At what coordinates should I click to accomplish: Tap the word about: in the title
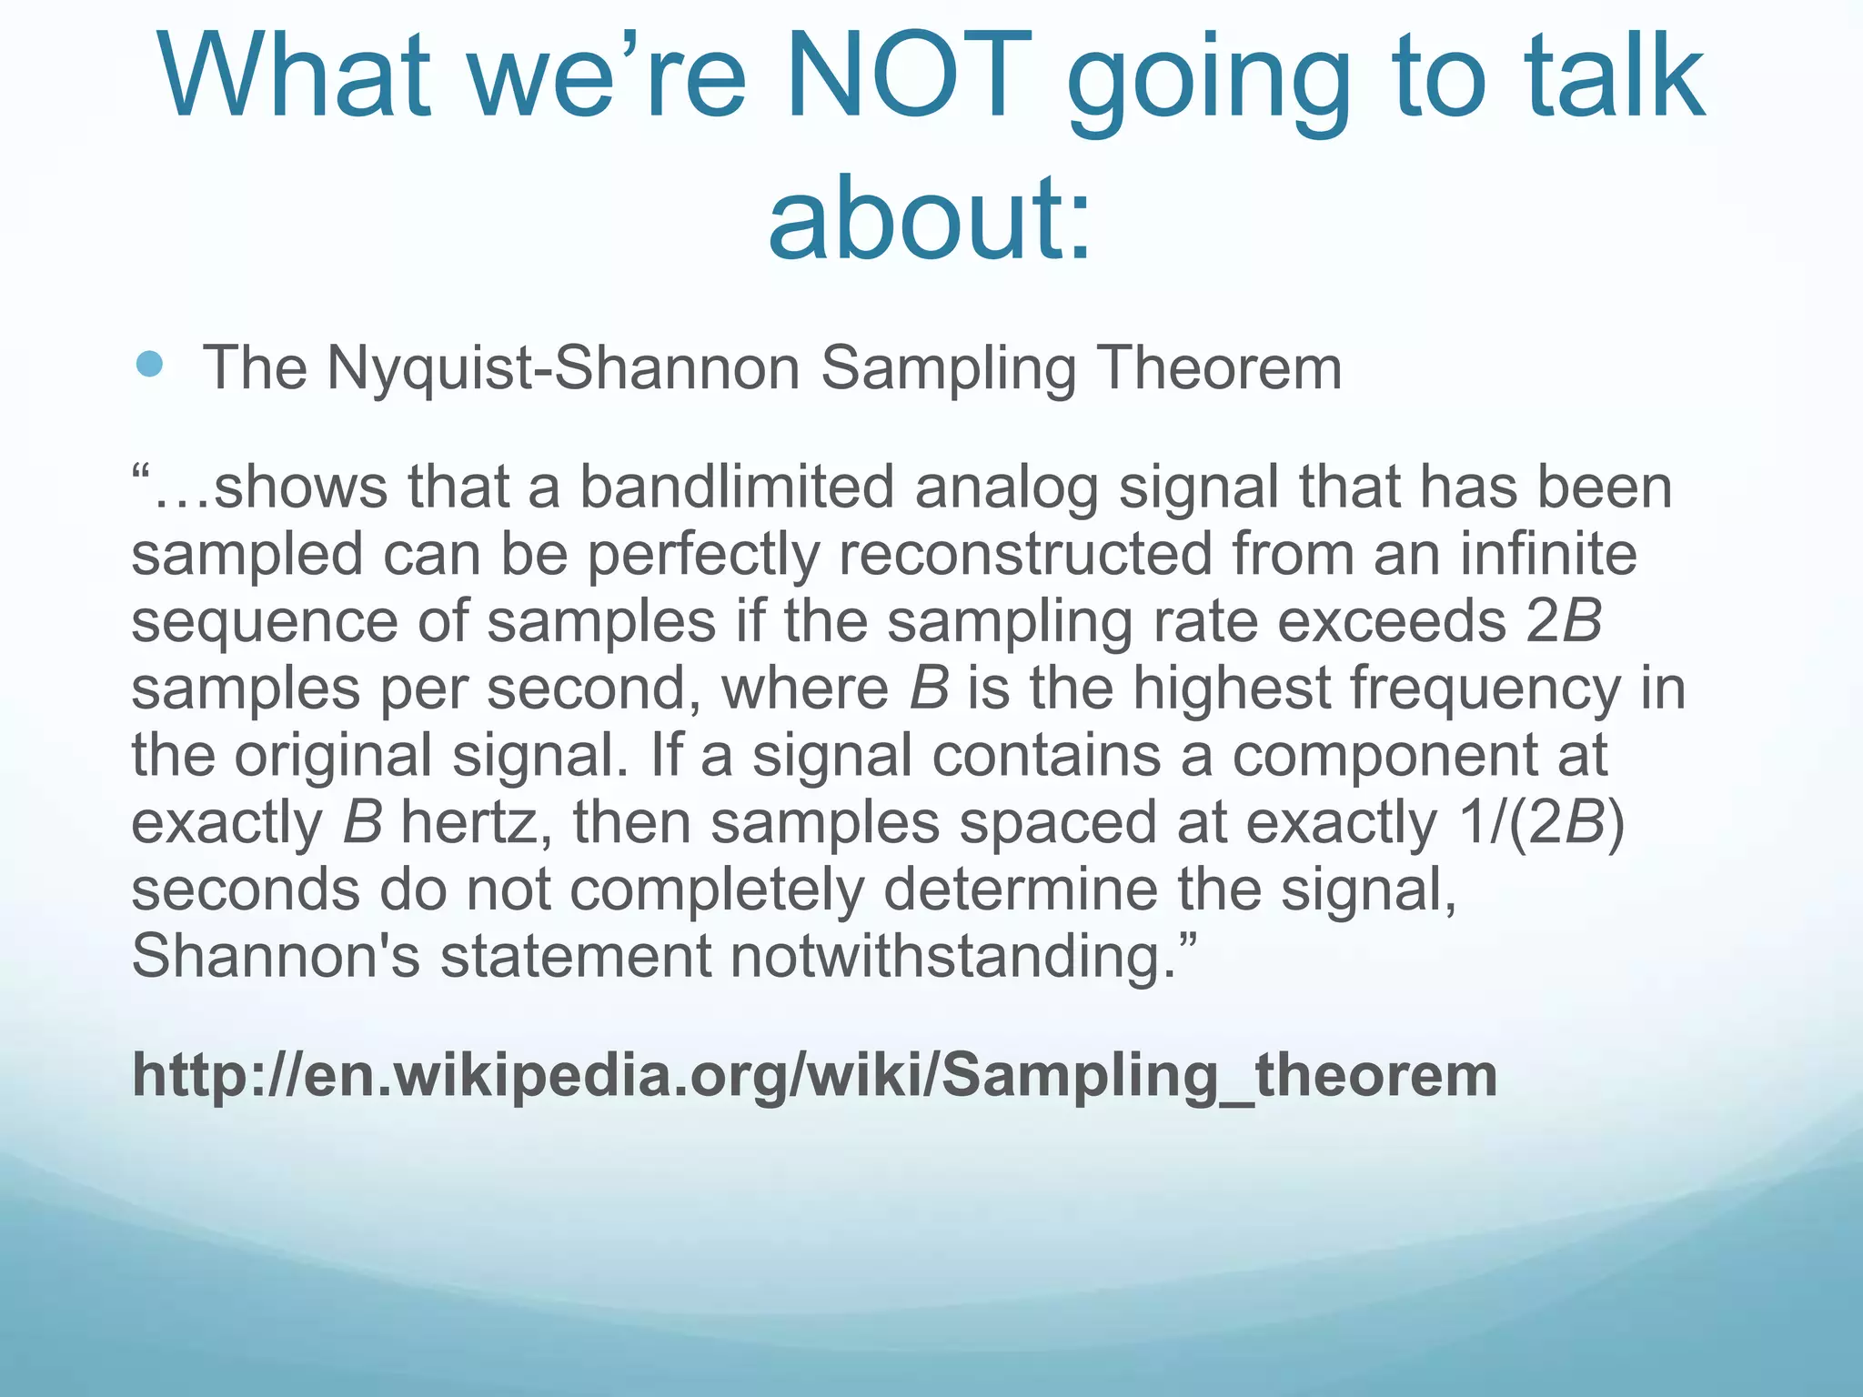pos(930,218)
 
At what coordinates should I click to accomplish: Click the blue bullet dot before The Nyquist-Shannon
pos(149,365)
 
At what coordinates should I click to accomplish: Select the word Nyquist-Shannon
pos(563,368)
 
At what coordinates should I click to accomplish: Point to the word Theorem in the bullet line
pos(1219,368)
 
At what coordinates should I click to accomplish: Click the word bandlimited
pos(737,487)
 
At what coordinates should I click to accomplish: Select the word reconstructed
pos(1025,554)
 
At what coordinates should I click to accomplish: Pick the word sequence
pos(264,623)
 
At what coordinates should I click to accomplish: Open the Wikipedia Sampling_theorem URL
pos(814,1076)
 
